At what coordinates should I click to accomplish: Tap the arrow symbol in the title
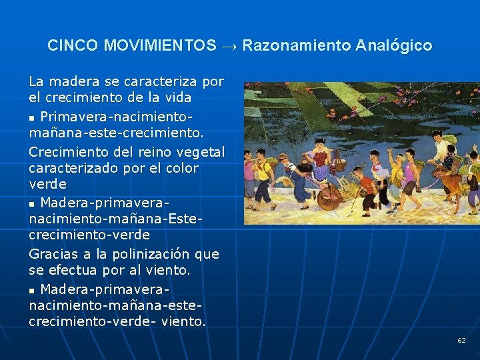(229, 46)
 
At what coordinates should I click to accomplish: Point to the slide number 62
(461, 341)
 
